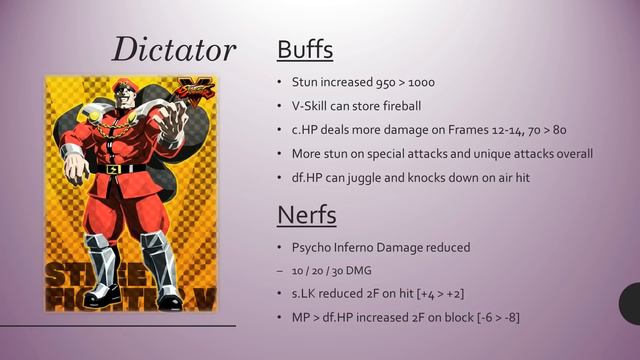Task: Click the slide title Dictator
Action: tap(174, 49)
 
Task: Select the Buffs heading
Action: tap(304, 49)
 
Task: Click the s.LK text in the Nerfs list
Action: tap(304, 293)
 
